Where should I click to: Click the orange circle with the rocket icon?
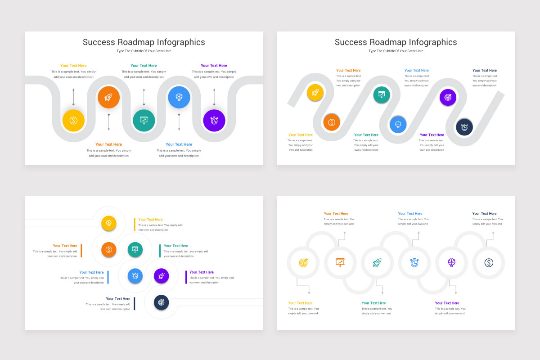tap(108, 97)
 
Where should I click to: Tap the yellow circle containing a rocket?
tap(315, 93)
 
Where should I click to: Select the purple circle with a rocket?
tap(162, 275)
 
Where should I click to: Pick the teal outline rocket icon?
tap(377, 262)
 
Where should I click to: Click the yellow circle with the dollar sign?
tap(73, 121)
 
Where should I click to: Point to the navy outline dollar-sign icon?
tap(489, 262)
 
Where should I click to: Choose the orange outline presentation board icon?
tap(340, 262)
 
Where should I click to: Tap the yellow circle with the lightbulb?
tap(109, 223)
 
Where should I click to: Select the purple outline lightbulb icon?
tap(452, 262)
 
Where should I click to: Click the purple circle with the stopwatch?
tap(214, 121)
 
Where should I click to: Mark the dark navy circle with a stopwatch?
tap(464, 127)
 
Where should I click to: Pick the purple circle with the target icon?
tap(448, 97)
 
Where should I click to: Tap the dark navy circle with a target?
tap(162, 302)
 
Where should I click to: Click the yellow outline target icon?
tap(303, 262)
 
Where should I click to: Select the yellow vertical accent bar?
tap(134, 224)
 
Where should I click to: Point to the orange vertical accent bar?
tap(81, 251)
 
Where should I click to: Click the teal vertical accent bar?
tap(160, 251)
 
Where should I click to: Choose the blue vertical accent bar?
tap(108, 277)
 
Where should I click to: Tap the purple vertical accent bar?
tap(186, 277)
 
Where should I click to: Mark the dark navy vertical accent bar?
tap(134, 303)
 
